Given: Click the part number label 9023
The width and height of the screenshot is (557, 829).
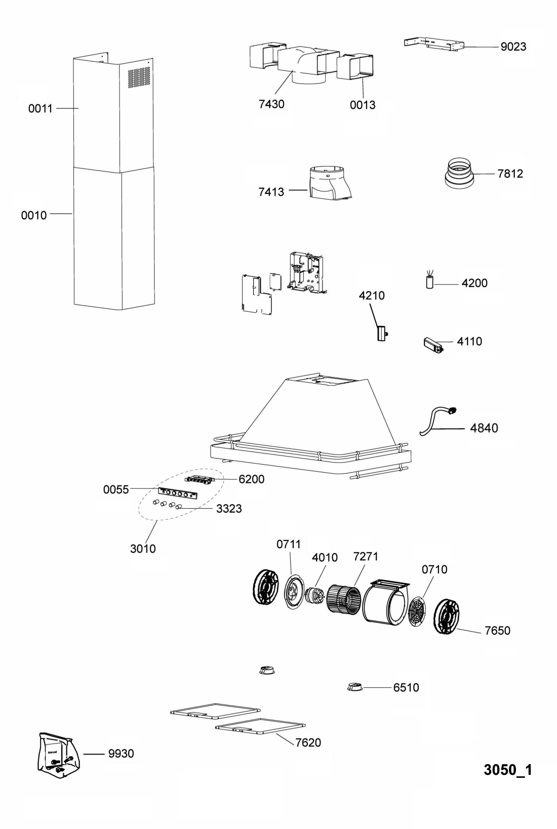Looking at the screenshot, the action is [513, 47].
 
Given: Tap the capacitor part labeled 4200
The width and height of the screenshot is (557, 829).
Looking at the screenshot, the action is [429, 280].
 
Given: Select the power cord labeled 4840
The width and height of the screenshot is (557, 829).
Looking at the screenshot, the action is [437, 421].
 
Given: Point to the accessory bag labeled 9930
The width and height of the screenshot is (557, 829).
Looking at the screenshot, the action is [59, 755].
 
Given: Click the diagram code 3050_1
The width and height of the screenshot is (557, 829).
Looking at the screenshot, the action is [508, 770].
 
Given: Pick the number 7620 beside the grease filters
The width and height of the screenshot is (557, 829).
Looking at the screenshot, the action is [308, 742].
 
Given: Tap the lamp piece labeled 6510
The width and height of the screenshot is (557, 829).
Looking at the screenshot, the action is [355, 687].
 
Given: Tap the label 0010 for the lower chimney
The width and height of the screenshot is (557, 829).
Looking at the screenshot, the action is [34, 216].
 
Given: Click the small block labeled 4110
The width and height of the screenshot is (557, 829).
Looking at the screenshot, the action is [433, 345].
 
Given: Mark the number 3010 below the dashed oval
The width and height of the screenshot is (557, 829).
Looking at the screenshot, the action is [143, 549].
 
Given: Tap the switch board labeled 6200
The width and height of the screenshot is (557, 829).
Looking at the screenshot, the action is [199, 480].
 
